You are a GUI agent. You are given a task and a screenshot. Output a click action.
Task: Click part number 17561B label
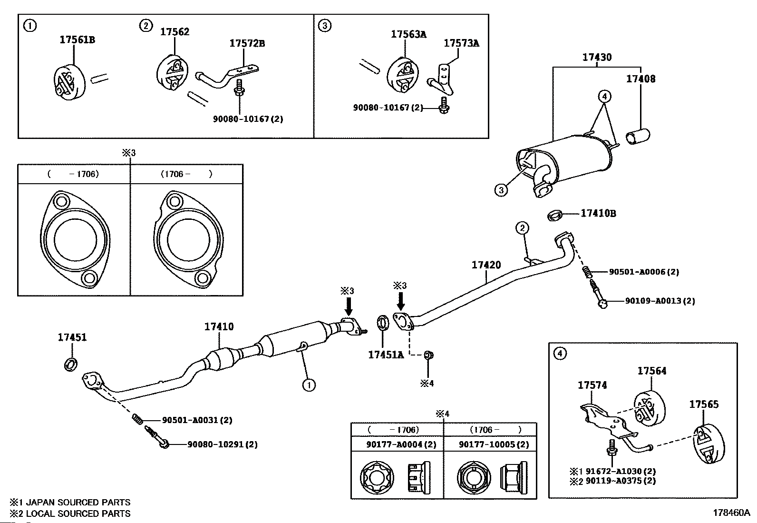coord(77,40)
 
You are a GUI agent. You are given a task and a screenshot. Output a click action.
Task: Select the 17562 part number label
coord(175,32)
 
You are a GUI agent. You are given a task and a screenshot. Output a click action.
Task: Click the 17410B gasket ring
coord(554,215)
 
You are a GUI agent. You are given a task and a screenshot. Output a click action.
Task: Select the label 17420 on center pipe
coord(486,265)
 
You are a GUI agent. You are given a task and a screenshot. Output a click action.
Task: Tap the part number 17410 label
coord(219,327)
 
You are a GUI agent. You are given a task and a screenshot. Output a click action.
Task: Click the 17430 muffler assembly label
coord(597,58)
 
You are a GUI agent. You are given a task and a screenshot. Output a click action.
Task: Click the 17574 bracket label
coord(592,385)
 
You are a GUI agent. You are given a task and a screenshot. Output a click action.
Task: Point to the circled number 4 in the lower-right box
coord(561,354)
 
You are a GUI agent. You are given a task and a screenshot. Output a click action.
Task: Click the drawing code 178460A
coord(731,513)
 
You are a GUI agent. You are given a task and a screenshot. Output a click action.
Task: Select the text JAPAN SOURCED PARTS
coord(78,502)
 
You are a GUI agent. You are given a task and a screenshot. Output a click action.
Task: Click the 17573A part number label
coord(461,43)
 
